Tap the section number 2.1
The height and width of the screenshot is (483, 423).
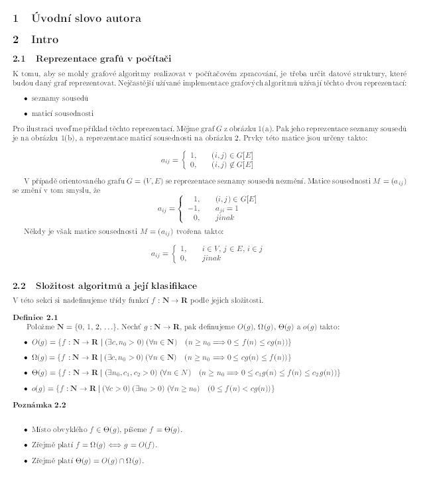pyautogui.click(x=19, y=58)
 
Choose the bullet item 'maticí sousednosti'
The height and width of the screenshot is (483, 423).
pyautogui.click(x=62, y=112)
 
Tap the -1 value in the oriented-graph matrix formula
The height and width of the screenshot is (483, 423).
pyautogui.click(x=194, y=208)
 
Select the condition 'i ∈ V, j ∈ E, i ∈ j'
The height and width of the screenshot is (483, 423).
pyautogui.click(x=232, y=248)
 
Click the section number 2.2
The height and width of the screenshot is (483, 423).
pyautogui.click(x=19, y=286)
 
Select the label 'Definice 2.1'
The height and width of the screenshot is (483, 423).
pyautogui.click(x=35, y=317)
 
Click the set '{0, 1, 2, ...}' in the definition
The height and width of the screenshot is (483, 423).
pyautogui.click(x=91, y=327)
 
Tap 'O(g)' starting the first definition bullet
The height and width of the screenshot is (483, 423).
pyautogui.click(x=38, y=342)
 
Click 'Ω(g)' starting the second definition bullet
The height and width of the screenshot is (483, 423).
pyautogui.click(x=38, y=357)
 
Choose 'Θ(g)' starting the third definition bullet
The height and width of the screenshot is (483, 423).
pyautogui.click(x=38, y=372)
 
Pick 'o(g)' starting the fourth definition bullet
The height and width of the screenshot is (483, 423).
pyautogui.click(x=38, y=388)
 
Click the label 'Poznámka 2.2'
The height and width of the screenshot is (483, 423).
pyautogui.click(x=39, y=403)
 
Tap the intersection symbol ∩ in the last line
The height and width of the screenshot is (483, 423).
pyautogui.click(x=119, y=460)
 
